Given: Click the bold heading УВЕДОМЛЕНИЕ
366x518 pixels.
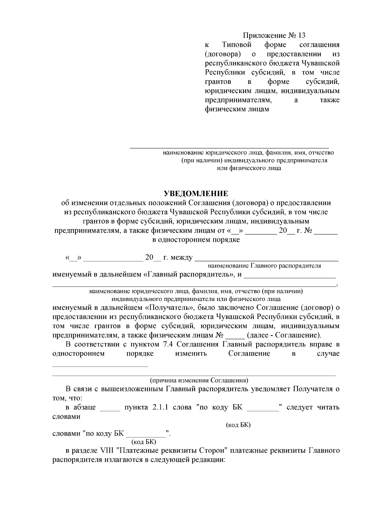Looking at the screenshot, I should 196,194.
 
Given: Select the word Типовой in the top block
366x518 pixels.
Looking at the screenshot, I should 237,45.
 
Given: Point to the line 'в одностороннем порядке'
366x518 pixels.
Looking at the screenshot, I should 196,240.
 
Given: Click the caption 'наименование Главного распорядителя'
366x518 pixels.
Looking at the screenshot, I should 264,266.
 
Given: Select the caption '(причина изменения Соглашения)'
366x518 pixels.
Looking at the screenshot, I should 199,381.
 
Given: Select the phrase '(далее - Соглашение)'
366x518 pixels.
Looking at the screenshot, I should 284,335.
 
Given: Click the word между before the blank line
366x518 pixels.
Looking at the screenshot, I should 182,258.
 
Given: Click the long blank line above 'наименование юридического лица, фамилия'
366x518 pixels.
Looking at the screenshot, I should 229,148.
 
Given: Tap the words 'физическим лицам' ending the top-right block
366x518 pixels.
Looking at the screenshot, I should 237,109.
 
